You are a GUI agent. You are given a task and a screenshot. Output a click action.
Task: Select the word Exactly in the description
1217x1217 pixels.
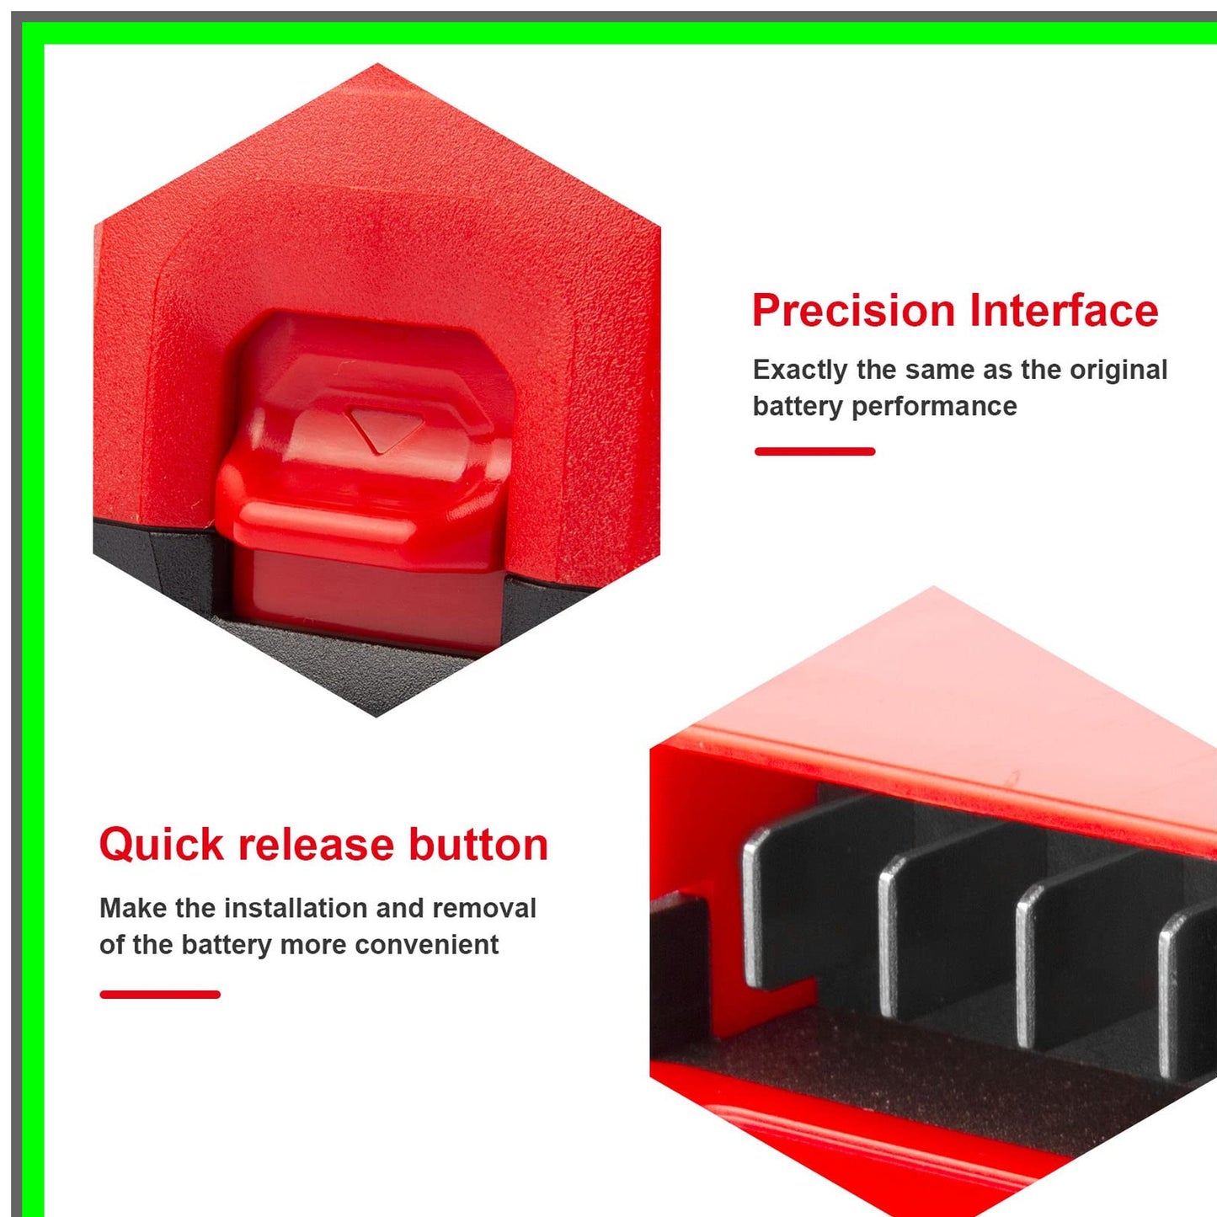800,370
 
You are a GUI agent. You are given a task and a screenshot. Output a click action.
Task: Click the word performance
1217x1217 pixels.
934,406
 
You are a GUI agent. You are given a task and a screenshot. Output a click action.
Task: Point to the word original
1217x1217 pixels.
1119,370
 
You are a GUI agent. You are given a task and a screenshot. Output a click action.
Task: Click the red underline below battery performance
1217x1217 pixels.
814,451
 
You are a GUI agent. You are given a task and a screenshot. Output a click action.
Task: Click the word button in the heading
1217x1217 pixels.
478,845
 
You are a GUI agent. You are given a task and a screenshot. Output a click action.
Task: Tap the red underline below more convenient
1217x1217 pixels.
160,995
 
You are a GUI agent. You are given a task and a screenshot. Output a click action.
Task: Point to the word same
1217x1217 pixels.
945,370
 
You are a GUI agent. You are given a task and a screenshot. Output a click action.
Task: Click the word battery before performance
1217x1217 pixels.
798,406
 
